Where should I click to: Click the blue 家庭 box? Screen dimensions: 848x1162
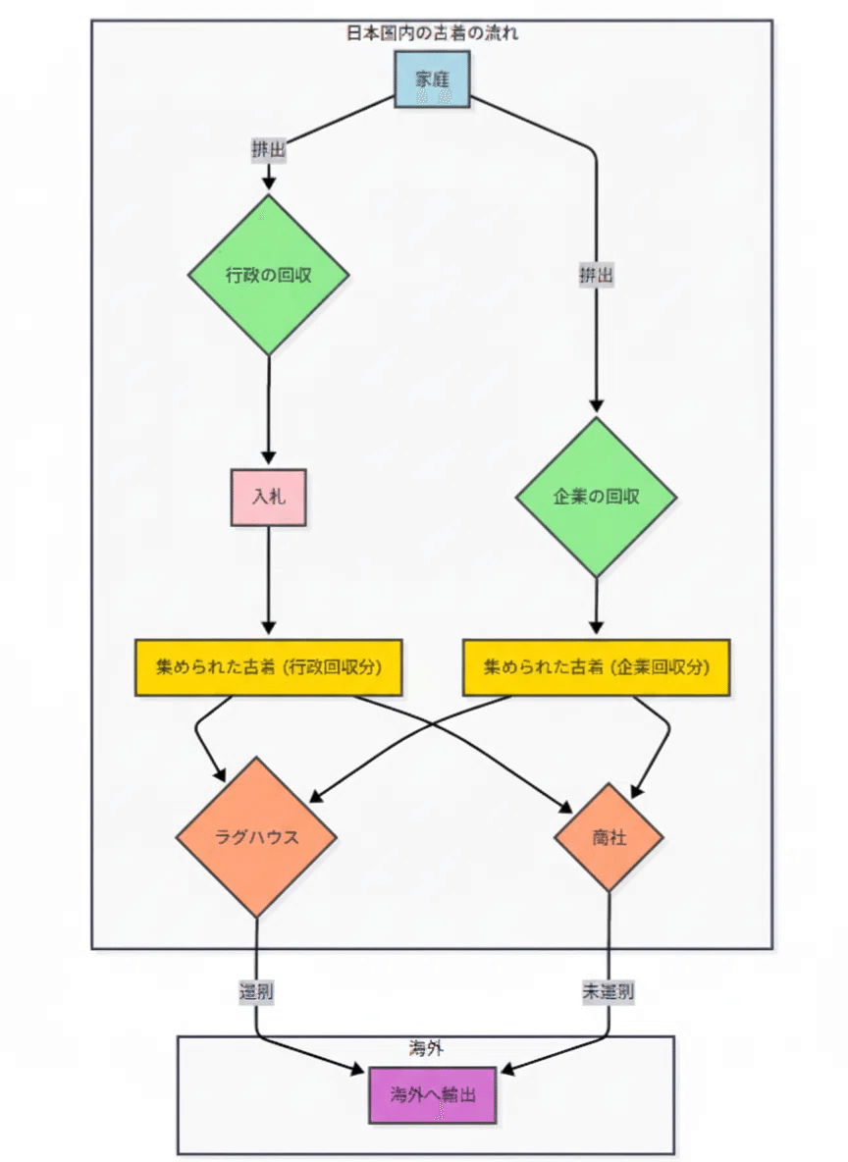[432, 79]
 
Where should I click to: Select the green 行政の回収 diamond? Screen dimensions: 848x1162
[268, 275]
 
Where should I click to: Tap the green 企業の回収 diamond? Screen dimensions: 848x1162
[596, 497]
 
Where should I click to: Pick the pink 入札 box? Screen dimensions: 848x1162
[268, 498]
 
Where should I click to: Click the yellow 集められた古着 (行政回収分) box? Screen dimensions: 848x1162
[268, 667]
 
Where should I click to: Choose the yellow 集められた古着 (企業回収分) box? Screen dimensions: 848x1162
[596, 667]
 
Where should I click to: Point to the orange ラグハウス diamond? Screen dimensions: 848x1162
[256, 837]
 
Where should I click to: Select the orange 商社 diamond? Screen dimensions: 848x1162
[609, 837]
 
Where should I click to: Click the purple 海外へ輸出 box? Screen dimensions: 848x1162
[433, 1094]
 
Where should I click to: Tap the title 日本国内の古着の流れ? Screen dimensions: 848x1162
[432, 33]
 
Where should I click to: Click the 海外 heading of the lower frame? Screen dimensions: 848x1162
[426, 1048]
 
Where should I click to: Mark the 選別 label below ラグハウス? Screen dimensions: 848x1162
[256, 991]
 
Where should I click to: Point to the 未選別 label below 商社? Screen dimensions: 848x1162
[609, 991]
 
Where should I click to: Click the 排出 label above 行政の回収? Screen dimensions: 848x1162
[268, 150]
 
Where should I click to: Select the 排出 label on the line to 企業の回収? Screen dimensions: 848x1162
[596, 276]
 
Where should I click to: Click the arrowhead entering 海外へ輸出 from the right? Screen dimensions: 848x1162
[508, 1070]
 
